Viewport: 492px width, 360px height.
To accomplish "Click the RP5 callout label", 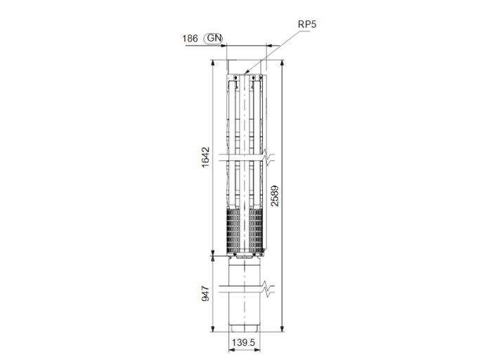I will pos(307,24).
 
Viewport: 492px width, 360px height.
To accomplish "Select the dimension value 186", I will pos(190,39).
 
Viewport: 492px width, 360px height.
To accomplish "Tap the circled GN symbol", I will pos(214,39).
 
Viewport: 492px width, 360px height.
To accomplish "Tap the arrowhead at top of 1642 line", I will pos(212,63).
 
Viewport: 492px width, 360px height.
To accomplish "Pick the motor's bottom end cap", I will pos(245,328).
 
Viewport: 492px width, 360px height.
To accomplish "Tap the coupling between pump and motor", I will pos(245,257).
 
